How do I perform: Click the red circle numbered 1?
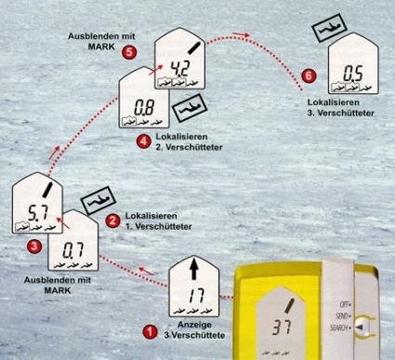click(x=151, y=332)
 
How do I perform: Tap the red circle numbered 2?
click(x=112, y=220)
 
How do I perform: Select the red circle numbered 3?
click(x=34, y=247)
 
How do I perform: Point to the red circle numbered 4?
click(x=144, y=141)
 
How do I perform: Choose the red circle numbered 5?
click(x=129, y=52)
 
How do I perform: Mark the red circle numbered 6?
click(x=309, y=75)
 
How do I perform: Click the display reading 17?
click(x=196, y=295)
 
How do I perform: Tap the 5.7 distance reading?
click(x=38, y=213)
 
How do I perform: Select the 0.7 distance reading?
click(x=73, y=250)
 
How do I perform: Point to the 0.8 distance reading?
click(x=144, y=108)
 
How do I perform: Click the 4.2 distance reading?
click(x=179, y=69)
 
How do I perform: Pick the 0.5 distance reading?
click(x=353, y=74)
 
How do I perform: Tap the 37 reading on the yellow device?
click(x=282, y=327)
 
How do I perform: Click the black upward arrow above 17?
click(x=194, y=268)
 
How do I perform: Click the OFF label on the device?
click(x=345, y=304)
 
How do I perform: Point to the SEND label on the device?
click(x=343, y=316)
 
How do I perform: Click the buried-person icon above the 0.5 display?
click(x=328, y=28)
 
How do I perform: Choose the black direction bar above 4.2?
click(x=193, y=48)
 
